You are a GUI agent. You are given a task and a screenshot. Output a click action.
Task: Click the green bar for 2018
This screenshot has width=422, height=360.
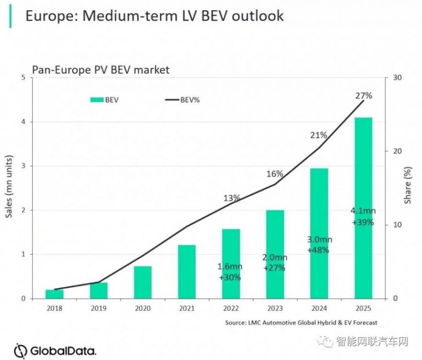click(55, 294)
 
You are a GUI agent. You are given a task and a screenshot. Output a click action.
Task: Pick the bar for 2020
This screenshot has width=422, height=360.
click(143, 282)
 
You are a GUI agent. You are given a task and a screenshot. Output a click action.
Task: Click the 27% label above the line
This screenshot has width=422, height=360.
click(364, 95)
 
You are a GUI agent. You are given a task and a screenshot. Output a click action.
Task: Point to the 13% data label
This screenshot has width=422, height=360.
click(231, 198)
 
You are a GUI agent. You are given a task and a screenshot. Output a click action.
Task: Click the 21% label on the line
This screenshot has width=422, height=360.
click(318, 135)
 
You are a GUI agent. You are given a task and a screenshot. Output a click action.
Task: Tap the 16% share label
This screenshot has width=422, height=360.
click(275, 174)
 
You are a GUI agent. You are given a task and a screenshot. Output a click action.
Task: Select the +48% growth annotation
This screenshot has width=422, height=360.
click(320, 250)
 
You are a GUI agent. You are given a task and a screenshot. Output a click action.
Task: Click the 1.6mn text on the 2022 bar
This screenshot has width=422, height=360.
click(230, 266)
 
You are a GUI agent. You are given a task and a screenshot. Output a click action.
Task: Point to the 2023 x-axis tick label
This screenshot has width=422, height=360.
click(275, 308)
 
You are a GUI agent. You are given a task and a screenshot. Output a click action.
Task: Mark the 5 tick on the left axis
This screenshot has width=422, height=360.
click(23, 78)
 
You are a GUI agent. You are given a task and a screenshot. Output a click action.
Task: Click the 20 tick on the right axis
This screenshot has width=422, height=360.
click(395, 151)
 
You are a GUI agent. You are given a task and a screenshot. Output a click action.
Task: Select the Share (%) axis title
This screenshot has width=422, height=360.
click(408, 185)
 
